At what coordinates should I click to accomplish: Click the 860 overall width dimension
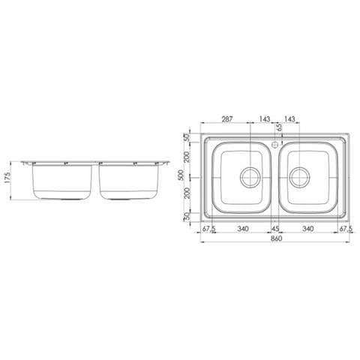tap(276, 238)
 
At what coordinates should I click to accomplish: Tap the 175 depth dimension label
tap(8, 178)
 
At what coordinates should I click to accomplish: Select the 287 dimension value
tap(227, 118)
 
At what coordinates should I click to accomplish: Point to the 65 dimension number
tap(279, 127)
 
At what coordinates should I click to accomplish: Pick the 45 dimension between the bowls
tap(275, 229)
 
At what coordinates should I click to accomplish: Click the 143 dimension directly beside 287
tap(265, 118)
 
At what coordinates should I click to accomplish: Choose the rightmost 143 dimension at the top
tap(289, 118)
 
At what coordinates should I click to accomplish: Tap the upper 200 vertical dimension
tap(187, 157)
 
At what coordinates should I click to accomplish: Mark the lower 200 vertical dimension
tap(187, 193)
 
